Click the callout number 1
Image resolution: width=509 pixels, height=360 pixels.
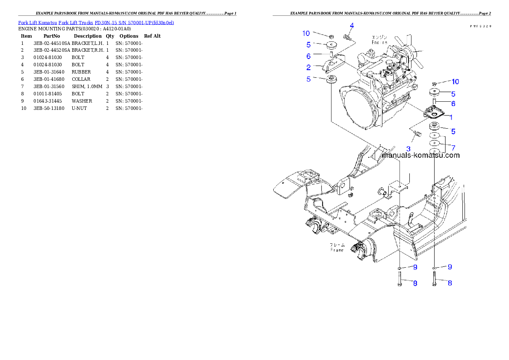coord(451,116)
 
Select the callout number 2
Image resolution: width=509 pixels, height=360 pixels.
coord(308,67)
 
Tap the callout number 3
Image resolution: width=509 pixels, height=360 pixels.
coord(408,148)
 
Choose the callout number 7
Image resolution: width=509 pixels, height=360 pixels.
coord(453,147)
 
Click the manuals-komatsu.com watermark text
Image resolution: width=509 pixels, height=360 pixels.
coord(420,155)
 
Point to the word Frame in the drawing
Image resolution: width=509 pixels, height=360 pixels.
coord(337,250)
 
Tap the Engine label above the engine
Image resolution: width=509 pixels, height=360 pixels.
coord(379,42)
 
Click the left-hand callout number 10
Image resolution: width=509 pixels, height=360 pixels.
coord(306,33)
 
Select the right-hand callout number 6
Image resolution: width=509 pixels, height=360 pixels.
coord(453,103)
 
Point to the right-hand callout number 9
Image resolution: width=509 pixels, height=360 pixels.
coord(450,267)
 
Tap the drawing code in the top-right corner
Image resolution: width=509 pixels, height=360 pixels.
coord(480,26)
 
